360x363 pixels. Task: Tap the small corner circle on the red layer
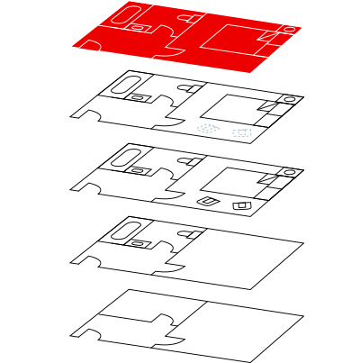point(290,28)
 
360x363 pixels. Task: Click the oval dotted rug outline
point(208,129)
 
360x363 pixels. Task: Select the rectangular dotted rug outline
point(241,133)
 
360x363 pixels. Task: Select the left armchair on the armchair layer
point(207,200)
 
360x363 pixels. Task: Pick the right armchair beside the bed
point(241,206)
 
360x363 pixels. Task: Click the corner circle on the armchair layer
point(290,170)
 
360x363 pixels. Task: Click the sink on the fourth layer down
point(139,241)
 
